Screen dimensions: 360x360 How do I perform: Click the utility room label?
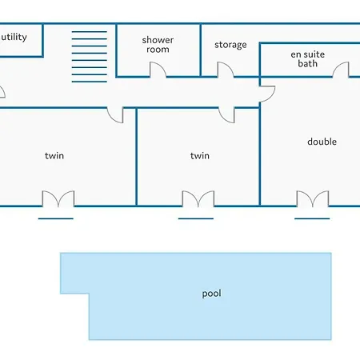pyautogui.click(x=14, y=37)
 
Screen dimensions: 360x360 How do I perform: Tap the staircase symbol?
pyautogui.click(x=90, y=57)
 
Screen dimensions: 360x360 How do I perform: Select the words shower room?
pyautogui.click(x=158, y=45)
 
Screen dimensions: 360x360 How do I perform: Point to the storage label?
pyautogui.click(x=230, y=45)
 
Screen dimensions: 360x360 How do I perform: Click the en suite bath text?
pyautogui.click(x=308, y=59)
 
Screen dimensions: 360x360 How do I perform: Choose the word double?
pyautogui.click(x=322, y=142)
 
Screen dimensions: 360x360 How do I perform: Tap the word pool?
pyautogui.click(x=211, y=294)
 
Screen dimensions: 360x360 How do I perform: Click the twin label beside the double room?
pyautogui.click(x=200, y=156)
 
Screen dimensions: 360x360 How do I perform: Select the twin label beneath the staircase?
pyautogui.click(x=54, y=156)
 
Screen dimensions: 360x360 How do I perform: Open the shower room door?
pyautogui.click(x=158, y=70)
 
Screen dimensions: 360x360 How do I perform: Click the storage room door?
pyautogui.click(x=226, y=70)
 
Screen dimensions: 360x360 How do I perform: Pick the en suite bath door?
pyautogui.click(x=341, y=70)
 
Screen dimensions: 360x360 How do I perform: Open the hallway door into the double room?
pyautogui.click(x=267, y=94)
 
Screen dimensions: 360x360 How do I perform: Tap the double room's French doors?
pyautogui.click(x=313, y=199)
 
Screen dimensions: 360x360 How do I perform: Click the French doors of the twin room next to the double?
pyautogui.click(x=198, y=199)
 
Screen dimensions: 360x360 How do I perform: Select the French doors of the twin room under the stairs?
pyautogui.click(x=58, y=199)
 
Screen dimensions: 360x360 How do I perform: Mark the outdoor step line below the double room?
pyautogui.click(x=312, y=218)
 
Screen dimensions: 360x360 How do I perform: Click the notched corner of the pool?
pyautogui.click(x=89, y=294)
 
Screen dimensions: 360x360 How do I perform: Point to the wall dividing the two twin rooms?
pyautogui.click(x=137, y=157)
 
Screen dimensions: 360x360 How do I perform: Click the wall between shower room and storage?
pyautogui.click(x=201, y=50)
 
